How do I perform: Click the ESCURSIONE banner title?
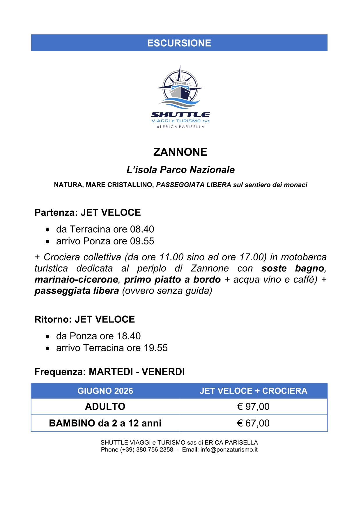[179, 43]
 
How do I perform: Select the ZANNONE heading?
[180, 152]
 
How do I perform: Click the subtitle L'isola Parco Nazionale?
[180, 170]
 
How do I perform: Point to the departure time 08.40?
[142, 229]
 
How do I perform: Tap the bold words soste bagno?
[293, 268]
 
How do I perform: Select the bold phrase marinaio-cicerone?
[76, 280]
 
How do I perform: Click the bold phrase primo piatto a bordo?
[172, 280]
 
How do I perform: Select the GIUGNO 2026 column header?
[105, 391]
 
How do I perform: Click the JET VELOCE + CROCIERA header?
[253, 391]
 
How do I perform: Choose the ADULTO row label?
[105, 406]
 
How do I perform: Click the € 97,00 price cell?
[253, 406]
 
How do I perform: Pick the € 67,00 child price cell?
[253, 423]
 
